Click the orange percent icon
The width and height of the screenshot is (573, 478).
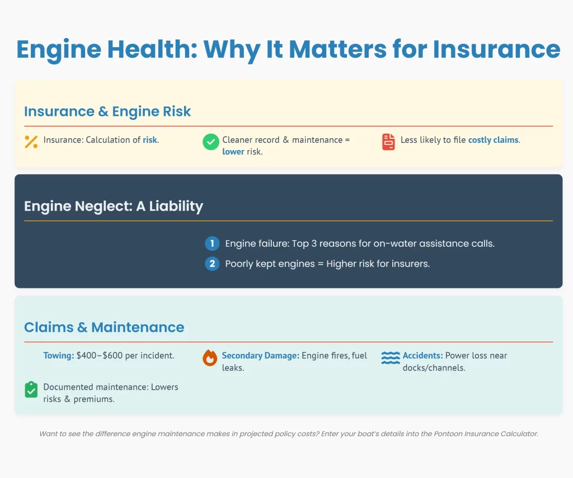31,142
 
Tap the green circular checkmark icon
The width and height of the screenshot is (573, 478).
211,142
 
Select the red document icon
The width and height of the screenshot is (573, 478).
388,142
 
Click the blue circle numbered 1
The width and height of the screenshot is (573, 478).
212,243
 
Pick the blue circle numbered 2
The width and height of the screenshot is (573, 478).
212,264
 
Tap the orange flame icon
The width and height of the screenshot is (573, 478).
210,358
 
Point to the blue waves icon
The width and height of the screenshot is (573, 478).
390,358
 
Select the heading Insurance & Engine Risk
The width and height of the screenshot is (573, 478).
107,111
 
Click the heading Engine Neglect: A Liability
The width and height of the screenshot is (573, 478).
114,206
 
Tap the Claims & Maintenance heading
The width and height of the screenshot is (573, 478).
104,327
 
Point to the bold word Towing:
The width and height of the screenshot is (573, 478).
59,355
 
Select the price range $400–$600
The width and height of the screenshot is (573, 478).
100,355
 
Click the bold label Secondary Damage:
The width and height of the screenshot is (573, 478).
261,355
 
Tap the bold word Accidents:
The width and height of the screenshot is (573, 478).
423,355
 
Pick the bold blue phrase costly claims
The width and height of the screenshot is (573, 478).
494,140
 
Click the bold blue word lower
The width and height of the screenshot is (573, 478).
233,152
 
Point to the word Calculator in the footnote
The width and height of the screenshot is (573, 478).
519,434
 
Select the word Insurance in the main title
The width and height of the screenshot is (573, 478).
496,49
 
